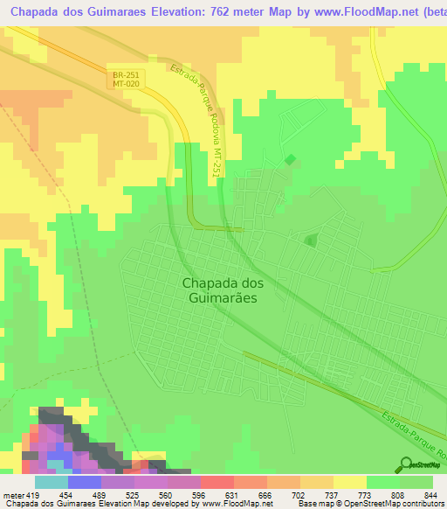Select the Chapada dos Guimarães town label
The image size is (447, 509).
point(223,289)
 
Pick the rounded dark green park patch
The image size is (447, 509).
point(310,240)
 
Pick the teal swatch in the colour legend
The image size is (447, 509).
point(52,482)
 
